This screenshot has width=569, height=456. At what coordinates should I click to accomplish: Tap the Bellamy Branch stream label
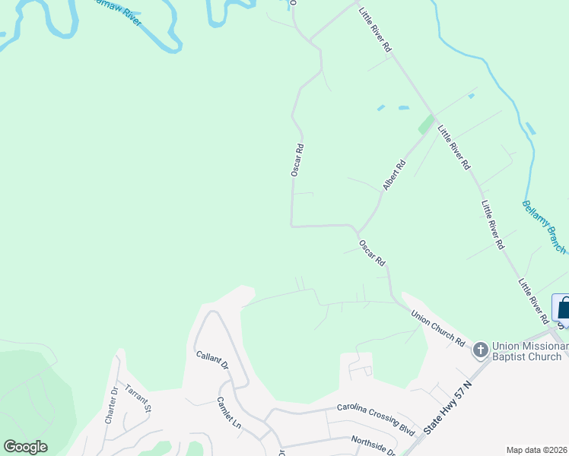(544, 226)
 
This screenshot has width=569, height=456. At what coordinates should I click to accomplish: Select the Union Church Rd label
(437, 327)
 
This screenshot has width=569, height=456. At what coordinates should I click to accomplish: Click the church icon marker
(480, 350)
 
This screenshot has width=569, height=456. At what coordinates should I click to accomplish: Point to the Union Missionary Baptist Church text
(529, 350)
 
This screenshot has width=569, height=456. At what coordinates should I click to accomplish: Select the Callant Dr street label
(212, 359)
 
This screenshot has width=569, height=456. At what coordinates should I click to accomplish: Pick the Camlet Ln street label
(228, 411)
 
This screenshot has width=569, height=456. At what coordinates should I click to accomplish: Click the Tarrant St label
(139, 397)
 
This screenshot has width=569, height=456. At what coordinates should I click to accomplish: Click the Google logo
(25, 447)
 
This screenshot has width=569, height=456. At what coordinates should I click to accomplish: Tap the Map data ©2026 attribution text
(536, 450)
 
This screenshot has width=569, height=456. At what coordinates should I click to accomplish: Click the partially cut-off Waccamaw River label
(114, 11)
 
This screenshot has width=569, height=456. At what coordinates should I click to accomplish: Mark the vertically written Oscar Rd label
(297, 160)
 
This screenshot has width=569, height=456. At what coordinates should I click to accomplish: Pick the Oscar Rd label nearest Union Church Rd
(373, 253)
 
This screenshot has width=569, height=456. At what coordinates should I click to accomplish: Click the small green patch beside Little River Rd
(426, 125)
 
